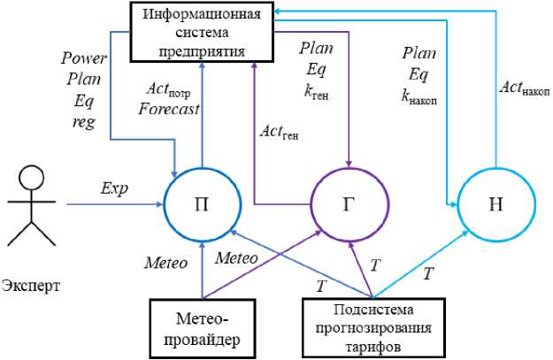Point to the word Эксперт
pyautogui.click(x=32, y=287)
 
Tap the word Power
pyautogui.click(x=82, y=58)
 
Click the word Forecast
pyautogui.click(x=173, y=110)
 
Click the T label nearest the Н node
pyautogui.click(x=428, y=274)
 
